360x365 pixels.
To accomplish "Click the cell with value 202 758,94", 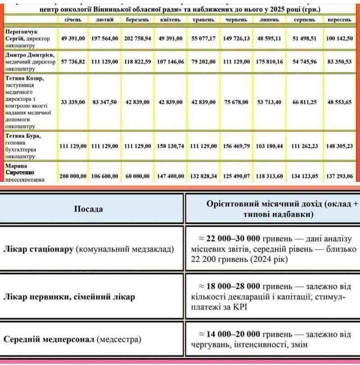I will (137, 39).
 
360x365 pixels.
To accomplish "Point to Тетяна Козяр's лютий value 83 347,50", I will (104, 102).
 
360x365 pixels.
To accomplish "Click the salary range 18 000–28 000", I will (234, 286).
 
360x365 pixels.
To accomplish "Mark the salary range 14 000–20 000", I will (234, 334).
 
